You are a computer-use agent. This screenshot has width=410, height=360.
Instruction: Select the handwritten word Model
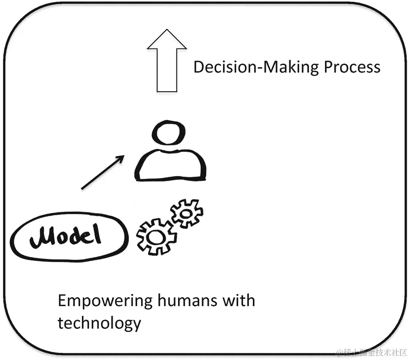pos(70,238)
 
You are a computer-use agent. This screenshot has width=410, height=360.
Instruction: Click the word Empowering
pos(105,302)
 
